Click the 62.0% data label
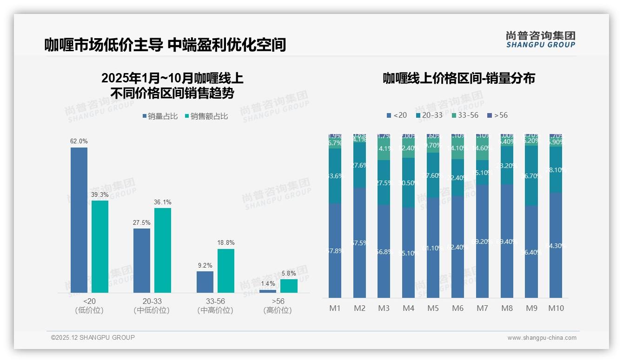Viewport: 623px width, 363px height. (x=79, y=141)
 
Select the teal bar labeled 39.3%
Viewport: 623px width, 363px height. (x=100, y=246)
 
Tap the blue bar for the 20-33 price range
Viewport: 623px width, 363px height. (x=142, y=260)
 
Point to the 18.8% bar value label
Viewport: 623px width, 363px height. (x=226, y=242)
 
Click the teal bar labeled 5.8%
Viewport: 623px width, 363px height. (x=289, y=286)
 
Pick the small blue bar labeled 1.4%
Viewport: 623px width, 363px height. (x=268, y=291)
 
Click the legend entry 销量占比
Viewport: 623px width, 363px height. (x=160, y=116)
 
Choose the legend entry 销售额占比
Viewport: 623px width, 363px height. (x=206, y=116)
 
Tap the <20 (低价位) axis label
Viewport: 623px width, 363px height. (x=89, y=306)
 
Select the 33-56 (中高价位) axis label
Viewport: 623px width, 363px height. (x=215, y=306)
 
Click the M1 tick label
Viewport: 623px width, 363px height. (x=335, y=308)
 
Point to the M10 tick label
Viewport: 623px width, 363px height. (x=556, y=308)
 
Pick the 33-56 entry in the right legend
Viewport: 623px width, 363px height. (x=464, y=115)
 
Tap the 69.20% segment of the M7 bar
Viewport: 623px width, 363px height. (x=482, y=242)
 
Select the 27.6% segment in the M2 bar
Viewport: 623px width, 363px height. (x=359, y=165)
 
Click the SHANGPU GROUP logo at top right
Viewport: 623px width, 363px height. (x=540, y=40)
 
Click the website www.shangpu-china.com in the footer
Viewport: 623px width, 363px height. (x=542, y=338)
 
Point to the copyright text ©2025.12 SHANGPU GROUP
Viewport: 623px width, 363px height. (x=93, y=337)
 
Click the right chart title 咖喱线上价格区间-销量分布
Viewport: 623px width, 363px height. (x=458, y=78)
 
